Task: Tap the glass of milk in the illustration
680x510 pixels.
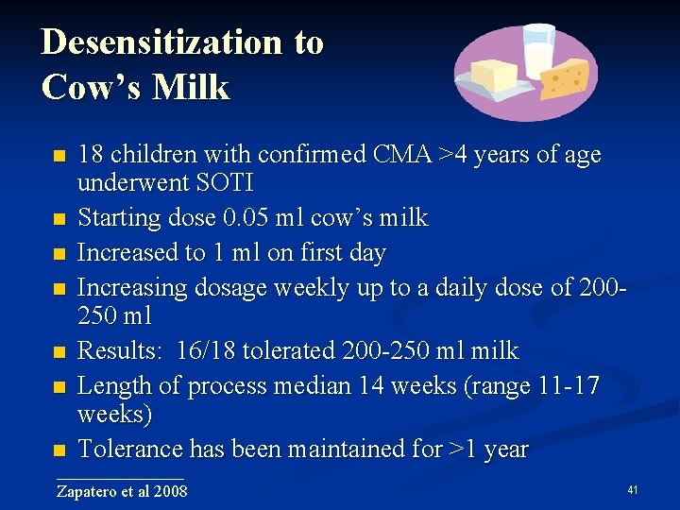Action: click(x=539, y=52)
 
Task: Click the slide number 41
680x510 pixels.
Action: click(x=633, y=490)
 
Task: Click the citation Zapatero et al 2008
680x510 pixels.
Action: click(x=122, y=491)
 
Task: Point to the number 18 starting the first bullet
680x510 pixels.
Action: click(x=91, y=154)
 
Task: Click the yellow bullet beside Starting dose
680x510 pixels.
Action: click(x=59, y=219)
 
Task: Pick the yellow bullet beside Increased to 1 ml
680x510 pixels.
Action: click(x=59, y=253)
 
